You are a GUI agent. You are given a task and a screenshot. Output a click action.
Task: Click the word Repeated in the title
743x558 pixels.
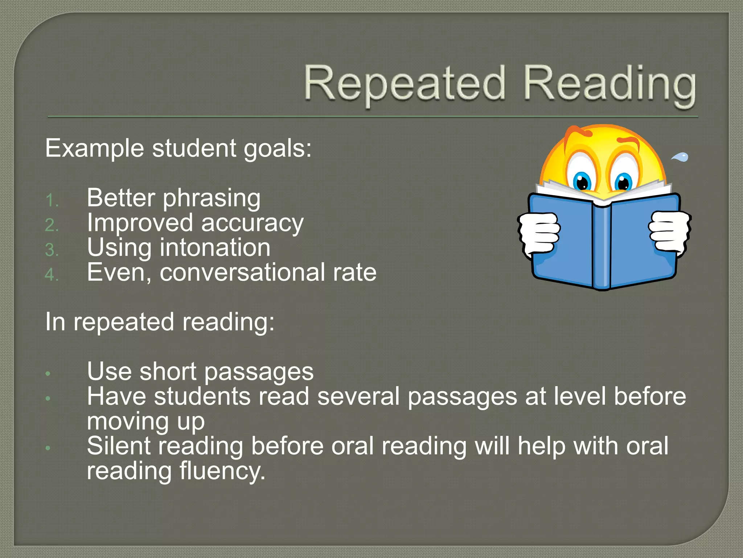(x=404, y=84)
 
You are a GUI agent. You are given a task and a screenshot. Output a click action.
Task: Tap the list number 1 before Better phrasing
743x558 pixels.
(x=52, y=201)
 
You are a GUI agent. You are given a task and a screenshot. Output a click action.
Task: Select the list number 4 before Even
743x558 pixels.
(x=52, y=275)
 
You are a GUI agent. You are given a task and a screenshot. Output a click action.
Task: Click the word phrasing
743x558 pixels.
(x=212, y=199)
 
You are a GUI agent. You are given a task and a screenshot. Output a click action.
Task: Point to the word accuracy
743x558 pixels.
(x=252, y=224)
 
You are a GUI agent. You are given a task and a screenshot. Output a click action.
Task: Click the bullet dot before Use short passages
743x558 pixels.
(x=48, y=374)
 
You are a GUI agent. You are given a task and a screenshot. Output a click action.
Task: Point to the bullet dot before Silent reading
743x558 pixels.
(x=48, y=448)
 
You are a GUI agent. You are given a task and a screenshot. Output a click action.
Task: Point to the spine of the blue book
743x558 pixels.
(x=602, y=247)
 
